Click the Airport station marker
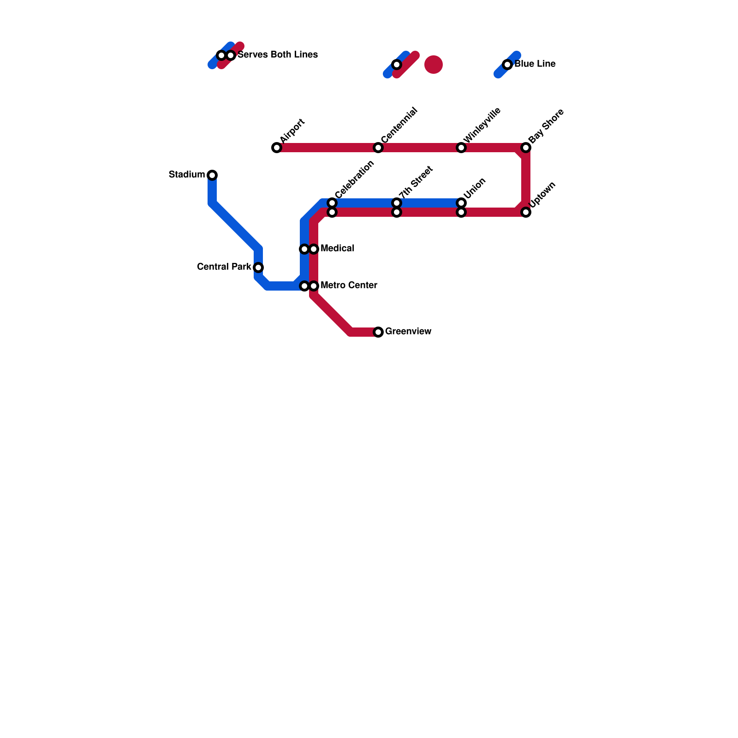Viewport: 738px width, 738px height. [277, 148]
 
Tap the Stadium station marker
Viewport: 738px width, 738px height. [212, 175]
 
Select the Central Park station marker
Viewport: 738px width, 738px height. [258, 268]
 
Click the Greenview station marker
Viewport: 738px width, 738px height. [378, 332]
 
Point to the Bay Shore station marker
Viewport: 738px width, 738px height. [526, 148]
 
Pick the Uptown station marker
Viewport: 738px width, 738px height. [526, 212]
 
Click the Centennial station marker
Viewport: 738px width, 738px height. [378, 148]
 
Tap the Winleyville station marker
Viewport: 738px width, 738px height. [461, 148]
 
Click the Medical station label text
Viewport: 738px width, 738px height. [337, 249]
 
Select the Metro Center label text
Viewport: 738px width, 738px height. [349, 286]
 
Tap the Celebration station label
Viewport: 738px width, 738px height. [354, 179]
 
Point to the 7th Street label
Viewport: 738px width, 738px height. [416, 182]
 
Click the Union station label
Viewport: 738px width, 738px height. [475, 188]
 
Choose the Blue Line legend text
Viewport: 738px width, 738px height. [535, 64]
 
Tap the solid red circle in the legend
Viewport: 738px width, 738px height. [434, 65]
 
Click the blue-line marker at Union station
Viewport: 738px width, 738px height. [461, 203]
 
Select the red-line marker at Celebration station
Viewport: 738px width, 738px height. [332, 212]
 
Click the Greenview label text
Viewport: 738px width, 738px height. [408, 332]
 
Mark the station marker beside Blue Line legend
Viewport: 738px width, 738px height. [507, 65]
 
